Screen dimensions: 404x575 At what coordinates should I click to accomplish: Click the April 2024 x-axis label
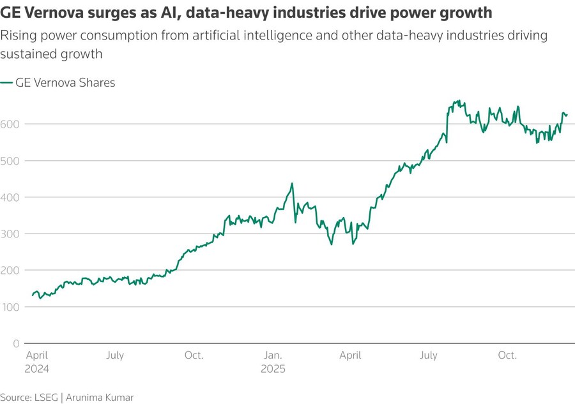click(37, 362)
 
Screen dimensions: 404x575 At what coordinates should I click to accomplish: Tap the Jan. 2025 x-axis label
click(273, 362)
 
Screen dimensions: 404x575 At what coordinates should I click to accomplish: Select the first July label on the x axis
click(114, 355)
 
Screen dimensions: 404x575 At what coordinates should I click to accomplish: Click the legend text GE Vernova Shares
click(65, 83)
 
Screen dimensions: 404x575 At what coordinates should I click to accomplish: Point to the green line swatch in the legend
click(6, 83)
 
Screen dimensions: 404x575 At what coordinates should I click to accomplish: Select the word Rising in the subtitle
click(16, 36)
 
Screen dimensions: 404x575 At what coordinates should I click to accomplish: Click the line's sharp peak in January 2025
click(292, 184)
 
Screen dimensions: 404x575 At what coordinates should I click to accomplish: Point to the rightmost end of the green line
click(567, 115)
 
